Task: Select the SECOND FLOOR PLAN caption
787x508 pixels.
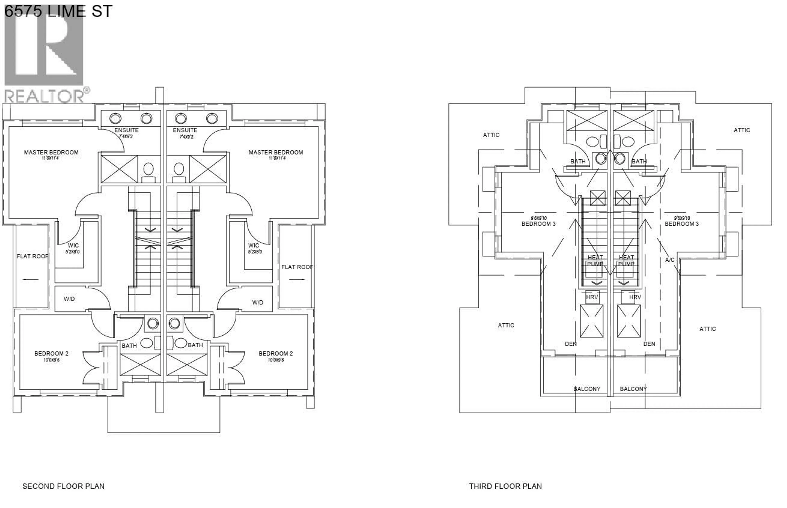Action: pos(63,486)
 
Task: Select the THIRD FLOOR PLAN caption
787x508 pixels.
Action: pos(505,486)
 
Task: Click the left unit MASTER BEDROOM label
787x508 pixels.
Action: pos(51,152)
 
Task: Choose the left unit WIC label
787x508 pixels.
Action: pos(73,245)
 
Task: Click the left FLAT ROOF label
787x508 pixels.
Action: pos(32,256)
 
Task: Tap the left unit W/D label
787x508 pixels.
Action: pos(69,299)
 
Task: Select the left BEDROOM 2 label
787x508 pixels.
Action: pos(51,354)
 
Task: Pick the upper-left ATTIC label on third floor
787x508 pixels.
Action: pos(491,135)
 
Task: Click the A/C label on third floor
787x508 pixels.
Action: pos(670,260)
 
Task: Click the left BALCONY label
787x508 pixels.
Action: pos(587,389)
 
